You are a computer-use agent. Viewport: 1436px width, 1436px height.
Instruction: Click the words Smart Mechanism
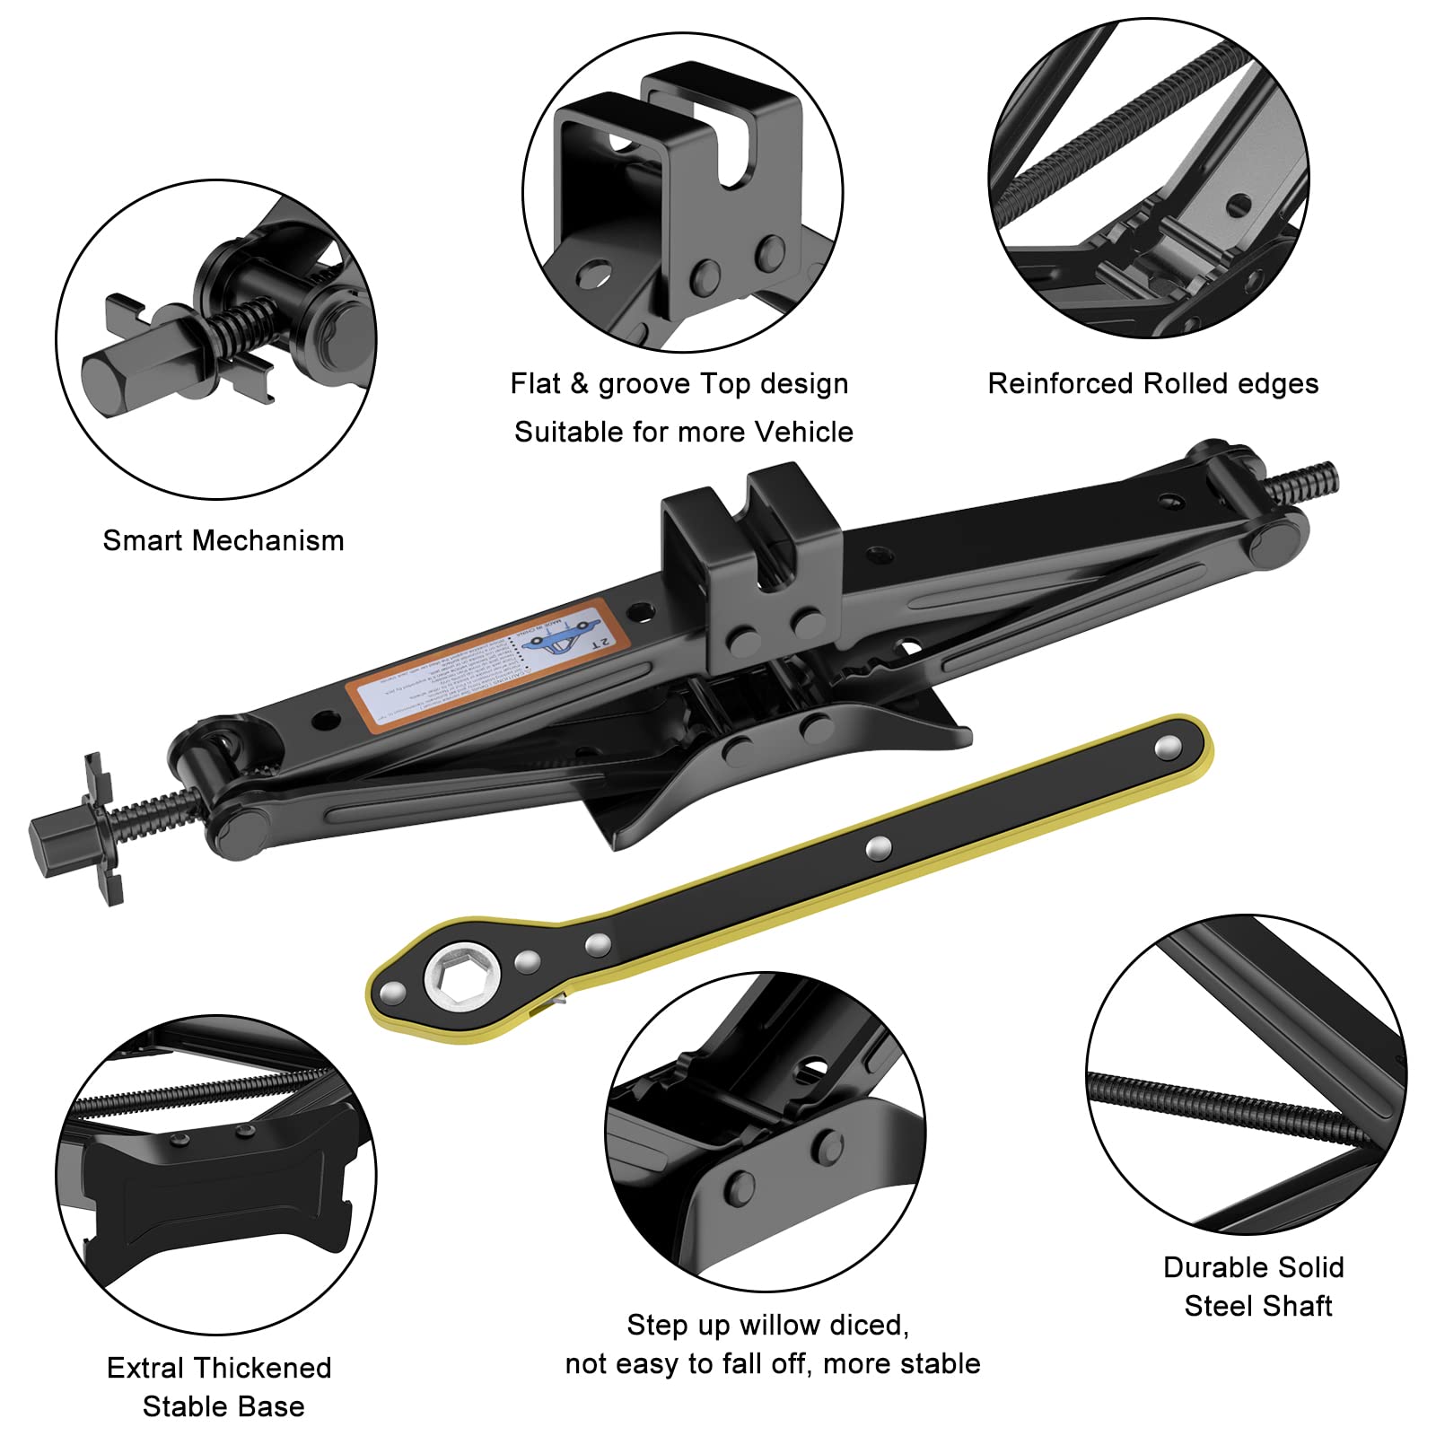(223, 540)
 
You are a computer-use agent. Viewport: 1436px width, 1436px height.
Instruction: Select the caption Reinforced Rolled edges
(1152, 384)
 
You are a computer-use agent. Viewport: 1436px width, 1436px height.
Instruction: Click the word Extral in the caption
(147, 1368)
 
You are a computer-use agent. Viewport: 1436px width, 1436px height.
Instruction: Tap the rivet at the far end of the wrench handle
(1168, 744)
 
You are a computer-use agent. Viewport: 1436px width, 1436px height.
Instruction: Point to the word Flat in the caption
(535, 384)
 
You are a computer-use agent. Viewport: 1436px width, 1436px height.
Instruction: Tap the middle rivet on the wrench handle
(879, 846)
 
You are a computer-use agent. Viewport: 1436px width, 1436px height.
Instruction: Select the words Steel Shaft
(1257, 1306)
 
